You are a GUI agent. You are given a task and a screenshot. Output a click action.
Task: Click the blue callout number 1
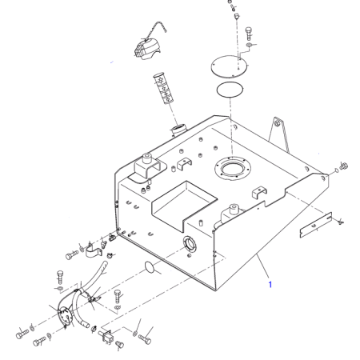[x=270, y=285]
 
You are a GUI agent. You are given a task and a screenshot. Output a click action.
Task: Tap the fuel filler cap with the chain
[x=146, y=49]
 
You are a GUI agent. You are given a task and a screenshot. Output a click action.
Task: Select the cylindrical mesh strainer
[x=163, y=88]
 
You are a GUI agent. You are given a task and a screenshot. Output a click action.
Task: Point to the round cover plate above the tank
[x=229, y=66]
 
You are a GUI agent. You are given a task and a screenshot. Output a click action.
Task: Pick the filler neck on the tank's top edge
[x=179, y=130]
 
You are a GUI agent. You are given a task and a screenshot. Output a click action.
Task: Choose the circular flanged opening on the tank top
[x=233, y=169]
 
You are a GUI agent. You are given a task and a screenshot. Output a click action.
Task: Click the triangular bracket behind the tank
[x=279, y=134]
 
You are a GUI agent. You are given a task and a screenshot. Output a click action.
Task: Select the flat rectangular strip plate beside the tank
[x=316, y=225]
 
